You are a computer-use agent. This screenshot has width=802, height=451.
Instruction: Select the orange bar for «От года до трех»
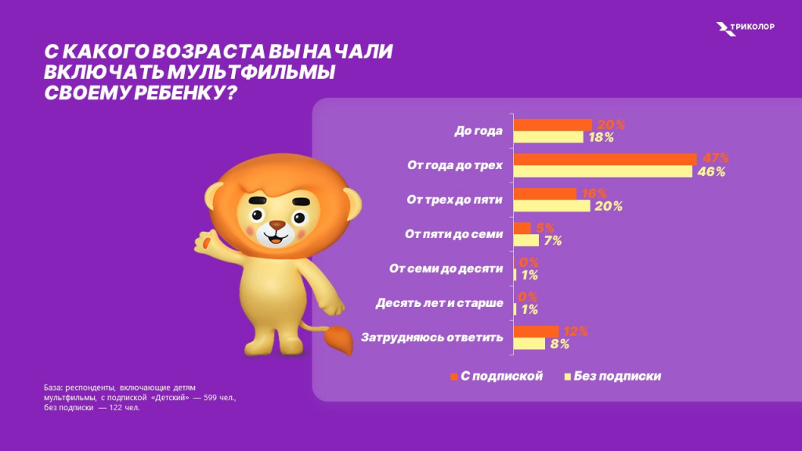(x=605, y=159)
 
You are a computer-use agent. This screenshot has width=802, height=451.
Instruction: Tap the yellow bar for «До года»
(x=548, y=137)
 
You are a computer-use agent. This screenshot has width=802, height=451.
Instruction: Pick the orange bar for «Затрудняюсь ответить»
(x=536, y=331)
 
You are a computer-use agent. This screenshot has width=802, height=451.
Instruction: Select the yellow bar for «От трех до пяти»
(x=551, y=206)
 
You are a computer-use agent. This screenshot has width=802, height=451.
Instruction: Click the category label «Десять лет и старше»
(x=439, y=303)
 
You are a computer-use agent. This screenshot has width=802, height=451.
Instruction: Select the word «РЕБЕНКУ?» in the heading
(x=189, y=92)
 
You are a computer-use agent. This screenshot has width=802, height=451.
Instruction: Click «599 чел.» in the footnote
(x=218, y=398)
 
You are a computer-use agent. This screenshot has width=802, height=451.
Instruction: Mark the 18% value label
(x=599, y=137)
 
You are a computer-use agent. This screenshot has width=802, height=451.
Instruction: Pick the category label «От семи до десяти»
(x=446, y=269)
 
